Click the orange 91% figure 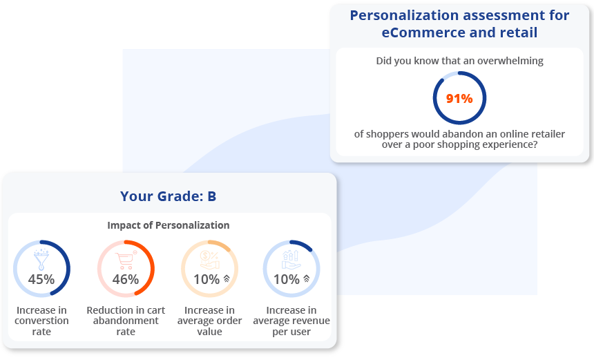(x=459, y=98)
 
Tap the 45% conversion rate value (x=41, y=279)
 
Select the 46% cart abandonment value (x=126, y=279)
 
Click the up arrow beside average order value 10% (x=226, y=279)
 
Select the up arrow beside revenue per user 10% (x=306, y=279)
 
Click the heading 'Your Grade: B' (x=168, y=196)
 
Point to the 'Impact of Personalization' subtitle (x=168, y=225)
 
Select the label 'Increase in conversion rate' (x=42, y=321)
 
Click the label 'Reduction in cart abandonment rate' (x=126, y=321)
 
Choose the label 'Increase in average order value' (x=209, y=321)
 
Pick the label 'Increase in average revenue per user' (x=291, y=321)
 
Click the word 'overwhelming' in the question (x=510, y=61)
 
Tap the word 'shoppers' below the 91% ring (x=388, y=134)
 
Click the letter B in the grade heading (x=211, y=196)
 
